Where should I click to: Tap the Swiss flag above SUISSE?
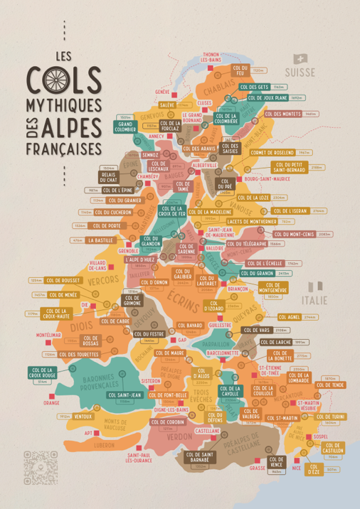tap(300, 60)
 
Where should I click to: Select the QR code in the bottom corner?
tap(35, 459)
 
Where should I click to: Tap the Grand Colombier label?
tap(126, 127)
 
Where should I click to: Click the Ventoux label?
tap(83, 416)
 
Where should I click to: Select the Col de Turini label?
tap(330, 417)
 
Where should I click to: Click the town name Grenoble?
tap(128, 251)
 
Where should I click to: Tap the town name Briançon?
tap(237, 289)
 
